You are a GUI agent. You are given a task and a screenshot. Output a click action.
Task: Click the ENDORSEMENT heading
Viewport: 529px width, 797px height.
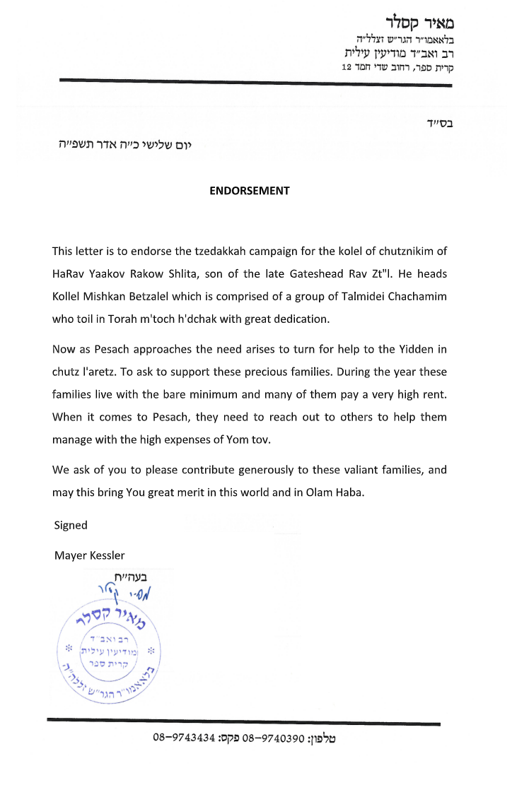pyautogui.click(x=250, y=191)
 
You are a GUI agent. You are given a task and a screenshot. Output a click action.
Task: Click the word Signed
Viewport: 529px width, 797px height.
pyautogui.click(x=71, y=525)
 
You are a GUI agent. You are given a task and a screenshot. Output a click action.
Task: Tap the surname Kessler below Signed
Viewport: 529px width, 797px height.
pyautogui.click(x=105, y=555)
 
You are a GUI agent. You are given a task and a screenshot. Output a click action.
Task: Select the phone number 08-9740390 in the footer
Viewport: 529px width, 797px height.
pyautogui.click(x=273, y=738)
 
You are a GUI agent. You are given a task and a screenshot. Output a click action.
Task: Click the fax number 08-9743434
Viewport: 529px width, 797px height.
pyautogui.click(x=184, y=738)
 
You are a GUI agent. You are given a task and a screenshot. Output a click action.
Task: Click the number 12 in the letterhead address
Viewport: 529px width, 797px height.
pyautogui.click(x=347, y=67)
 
